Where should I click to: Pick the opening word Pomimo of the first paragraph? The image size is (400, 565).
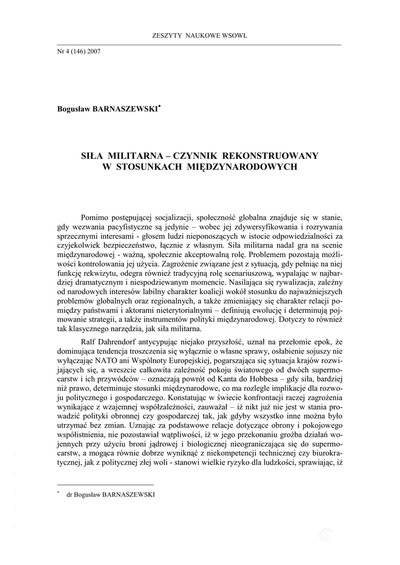click(95, 216)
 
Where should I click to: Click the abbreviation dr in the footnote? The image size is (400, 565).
click(70, 494)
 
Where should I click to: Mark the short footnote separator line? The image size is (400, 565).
click(105, 484)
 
